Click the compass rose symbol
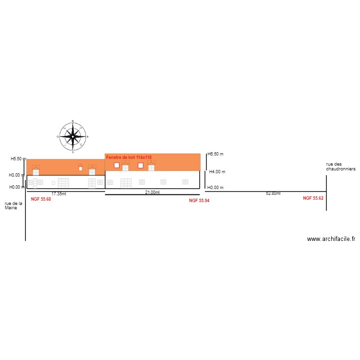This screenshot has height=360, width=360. point(73,136)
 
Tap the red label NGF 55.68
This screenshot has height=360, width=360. point(41,199)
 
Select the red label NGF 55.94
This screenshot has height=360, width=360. point(199,201)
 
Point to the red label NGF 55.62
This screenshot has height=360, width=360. point(313,198)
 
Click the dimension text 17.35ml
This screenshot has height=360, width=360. point(59,194)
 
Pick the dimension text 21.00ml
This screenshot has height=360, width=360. point(152,192)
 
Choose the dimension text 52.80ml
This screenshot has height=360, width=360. point(273,193)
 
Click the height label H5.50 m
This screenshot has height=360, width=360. point(18,159)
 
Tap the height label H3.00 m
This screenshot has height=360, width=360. point(16,175)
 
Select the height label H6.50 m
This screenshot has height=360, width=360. point(216,154)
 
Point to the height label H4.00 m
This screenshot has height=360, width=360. point(217,172)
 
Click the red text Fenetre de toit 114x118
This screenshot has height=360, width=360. point(129,157)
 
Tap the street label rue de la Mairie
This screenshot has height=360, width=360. point(13,205)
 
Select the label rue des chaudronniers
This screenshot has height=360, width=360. point(341,167)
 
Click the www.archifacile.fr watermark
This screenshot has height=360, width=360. point(331,239)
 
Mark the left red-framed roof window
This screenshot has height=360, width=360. point(117,165)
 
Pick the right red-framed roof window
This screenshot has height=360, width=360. point(141,165)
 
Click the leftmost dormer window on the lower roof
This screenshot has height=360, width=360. point(36,170)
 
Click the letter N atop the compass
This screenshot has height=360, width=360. point(73,121)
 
